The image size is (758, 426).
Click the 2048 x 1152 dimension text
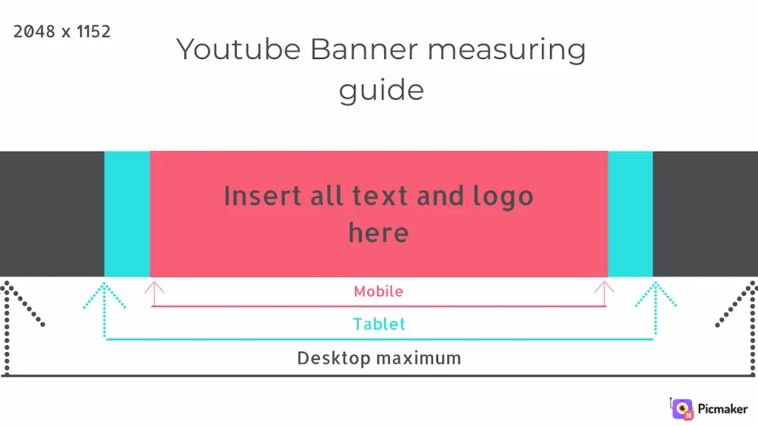click(x=62, y=32)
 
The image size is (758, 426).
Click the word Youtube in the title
click(x=239, y=50)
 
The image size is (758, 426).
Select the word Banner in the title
click(x=364, y=50)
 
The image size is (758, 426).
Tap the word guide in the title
click(x=381, y=91)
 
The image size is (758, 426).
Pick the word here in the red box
click(x=378, y=233)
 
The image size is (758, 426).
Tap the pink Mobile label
click(x=378, y=291)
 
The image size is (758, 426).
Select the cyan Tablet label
click(x=379, y=324)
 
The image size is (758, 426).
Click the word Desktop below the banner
click(x=334, y=359)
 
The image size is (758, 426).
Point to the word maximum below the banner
click(x=419, y=359)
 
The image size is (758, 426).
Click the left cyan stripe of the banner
click(x=127, y=214)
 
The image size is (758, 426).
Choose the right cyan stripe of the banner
click(x=631, y=214)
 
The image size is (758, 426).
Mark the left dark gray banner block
click(x=53, y=214)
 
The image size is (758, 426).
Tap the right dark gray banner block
click(x=705, y=214)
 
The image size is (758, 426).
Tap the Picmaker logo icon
click(x=682, y=408)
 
